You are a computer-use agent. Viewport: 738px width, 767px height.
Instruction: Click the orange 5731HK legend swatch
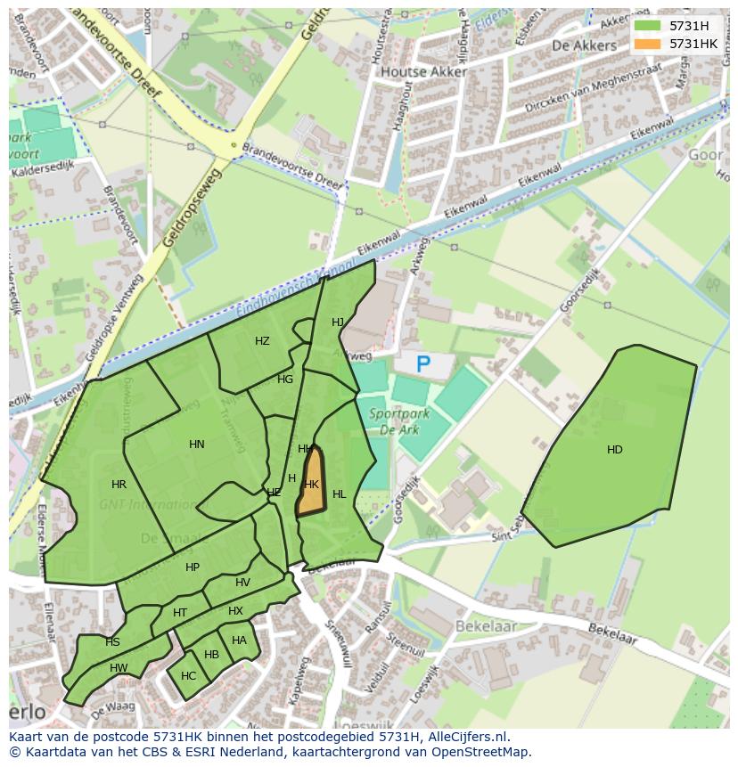click(x=648, y=44)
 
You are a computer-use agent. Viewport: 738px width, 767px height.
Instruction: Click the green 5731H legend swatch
click(x=648, y=26)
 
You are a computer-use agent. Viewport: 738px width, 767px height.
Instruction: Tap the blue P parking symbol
click(x=423, y=363)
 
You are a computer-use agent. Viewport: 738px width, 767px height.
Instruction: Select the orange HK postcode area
click(x=310, y=484)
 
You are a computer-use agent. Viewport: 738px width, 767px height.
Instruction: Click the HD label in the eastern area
click(x=614, y=450)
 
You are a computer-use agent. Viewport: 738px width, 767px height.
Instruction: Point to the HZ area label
click(x=262, y=341)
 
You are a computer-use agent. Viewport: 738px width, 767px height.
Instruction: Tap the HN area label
click(x=197, y=445)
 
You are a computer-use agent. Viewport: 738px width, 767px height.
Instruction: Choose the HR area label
click(x=119, y=485)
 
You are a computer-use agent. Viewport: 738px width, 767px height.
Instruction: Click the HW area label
click(x=119, y=668)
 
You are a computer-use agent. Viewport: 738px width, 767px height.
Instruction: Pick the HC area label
click(x=188, y=676)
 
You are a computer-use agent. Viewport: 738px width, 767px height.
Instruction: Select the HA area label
click(x=239, y=641)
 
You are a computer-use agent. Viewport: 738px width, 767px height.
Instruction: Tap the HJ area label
click(x=338, y=322)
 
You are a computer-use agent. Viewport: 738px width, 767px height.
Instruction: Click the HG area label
click(x=285, y=379)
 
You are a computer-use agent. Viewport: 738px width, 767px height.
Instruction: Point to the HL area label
click(x=339, y=494)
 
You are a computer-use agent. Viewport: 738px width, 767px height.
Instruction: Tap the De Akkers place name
click(x=584, y=45)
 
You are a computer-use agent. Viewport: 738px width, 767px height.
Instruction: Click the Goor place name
click(x=706, y=155)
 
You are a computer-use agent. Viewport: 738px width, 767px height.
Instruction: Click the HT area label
click(x=180, y=613)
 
